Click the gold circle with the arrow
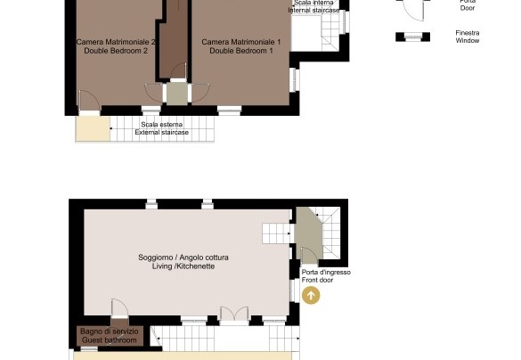[311, 295]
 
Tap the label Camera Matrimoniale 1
[241, 42]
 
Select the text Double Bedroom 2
[116, 51]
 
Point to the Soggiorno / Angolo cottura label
[183, 258]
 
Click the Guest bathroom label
[110, 340]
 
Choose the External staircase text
[162, 132]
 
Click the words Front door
[317, 280]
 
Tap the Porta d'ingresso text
[326, 273]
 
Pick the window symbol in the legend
[412, 37]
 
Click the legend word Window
[468, 41]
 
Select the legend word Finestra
[468, 33]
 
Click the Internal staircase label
[313, 11]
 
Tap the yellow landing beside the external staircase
[93, 129]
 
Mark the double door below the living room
[234, 315]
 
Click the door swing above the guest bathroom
[119, 308]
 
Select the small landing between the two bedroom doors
[176, 94]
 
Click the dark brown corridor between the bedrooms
[174, 40]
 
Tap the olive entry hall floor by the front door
[308, 233]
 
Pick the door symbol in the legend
[413, 9]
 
